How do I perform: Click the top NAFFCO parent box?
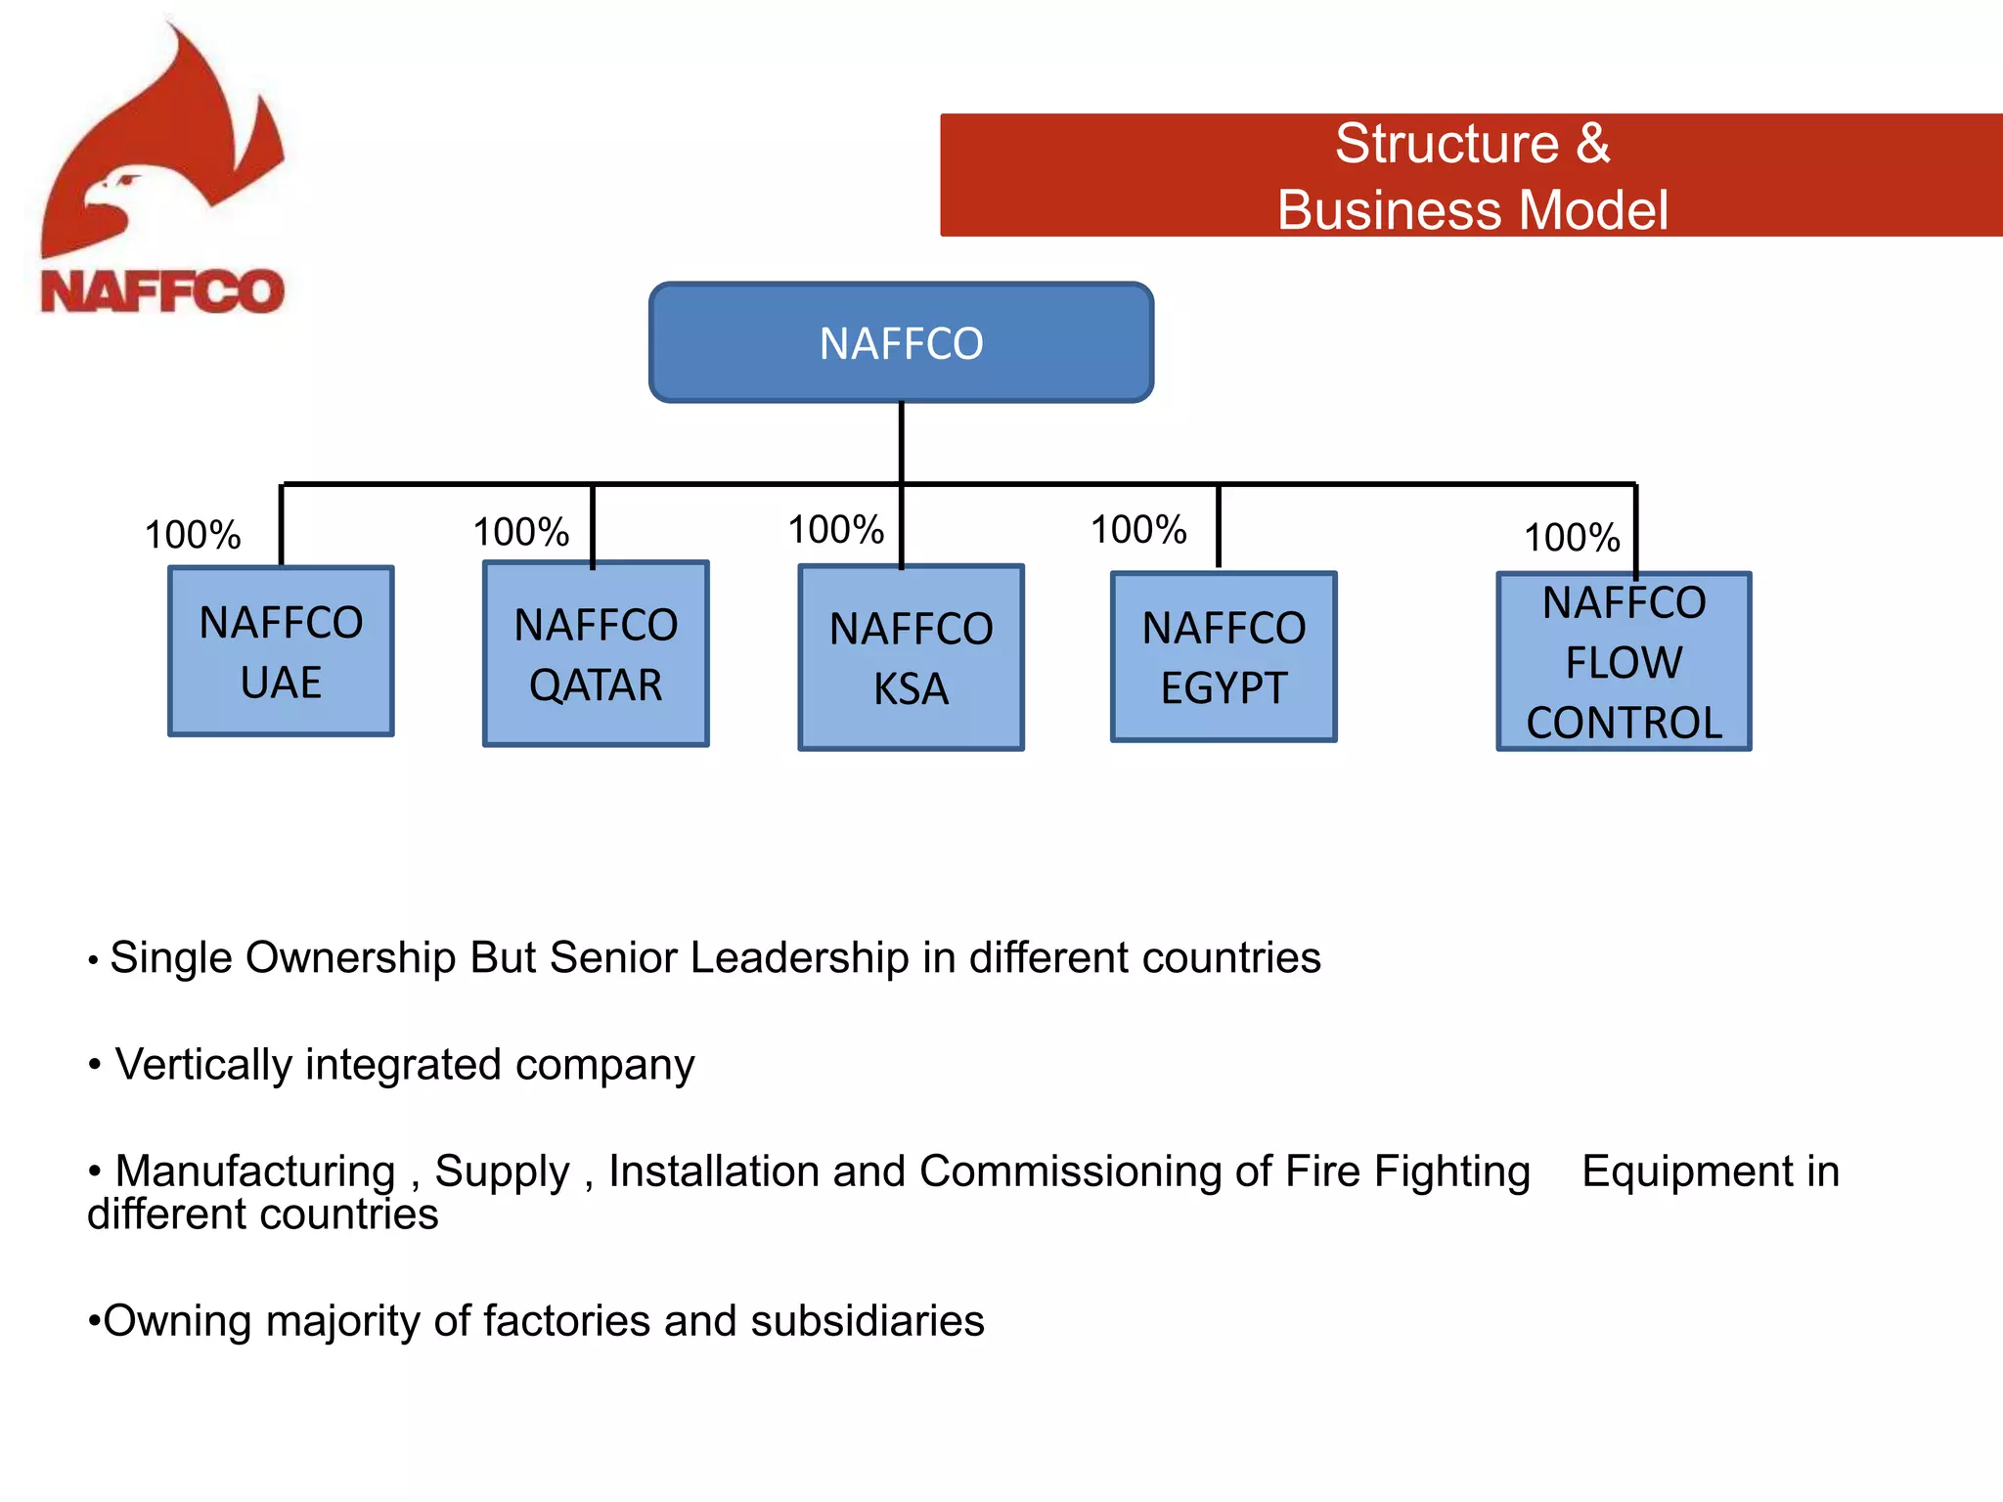point(901,342)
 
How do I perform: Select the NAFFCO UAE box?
point(281,651)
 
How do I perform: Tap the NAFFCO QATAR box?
point(596,653)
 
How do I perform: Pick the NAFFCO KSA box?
point(911,657)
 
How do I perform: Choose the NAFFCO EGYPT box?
point(1224,657)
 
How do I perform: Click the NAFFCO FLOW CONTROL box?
point(1624,662)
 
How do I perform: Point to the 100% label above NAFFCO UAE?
point(193,535)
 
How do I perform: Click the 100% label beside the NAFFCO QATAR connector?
point(521,532)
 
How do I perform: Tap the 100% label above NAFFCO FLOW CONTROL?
point(1572,538)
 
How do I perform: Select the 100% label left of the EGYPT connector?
point(1138,530)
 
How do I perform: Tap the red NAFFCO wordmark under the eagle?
point(162,291)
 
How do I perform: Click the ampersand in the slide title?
point(1592,144)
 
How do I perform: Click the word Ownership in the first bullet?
point(351,957)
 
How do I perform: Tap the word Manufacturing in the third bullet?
point(255,1171)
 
